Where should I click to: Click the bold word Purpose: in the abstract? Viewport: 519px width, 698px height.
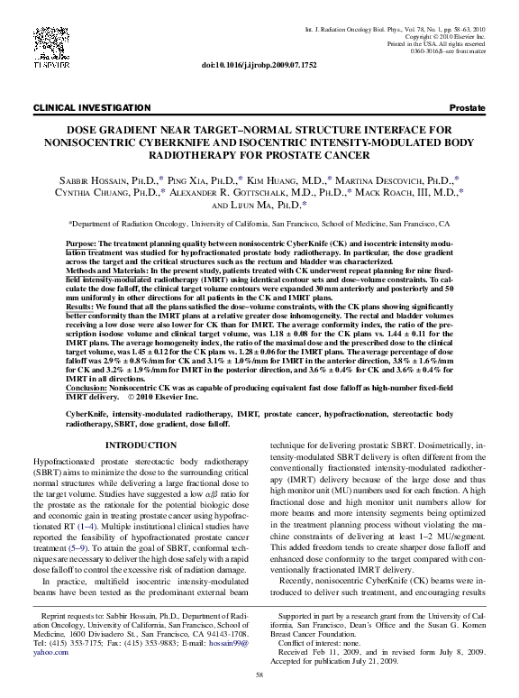pos(86,244)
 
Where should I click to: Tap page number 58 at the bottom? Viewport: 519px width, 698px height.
pos(259,675)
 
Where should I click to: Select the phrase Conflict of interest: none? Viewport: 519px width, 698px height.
pos(325,632)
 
